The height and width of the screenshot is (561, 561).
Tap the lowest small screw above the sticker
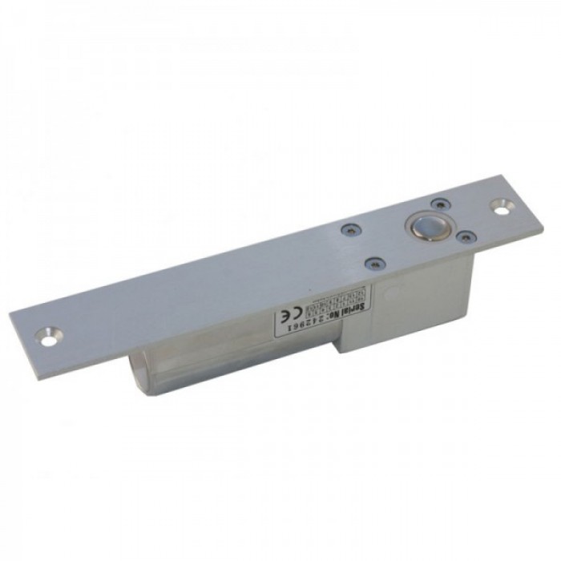click(372, 261)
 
